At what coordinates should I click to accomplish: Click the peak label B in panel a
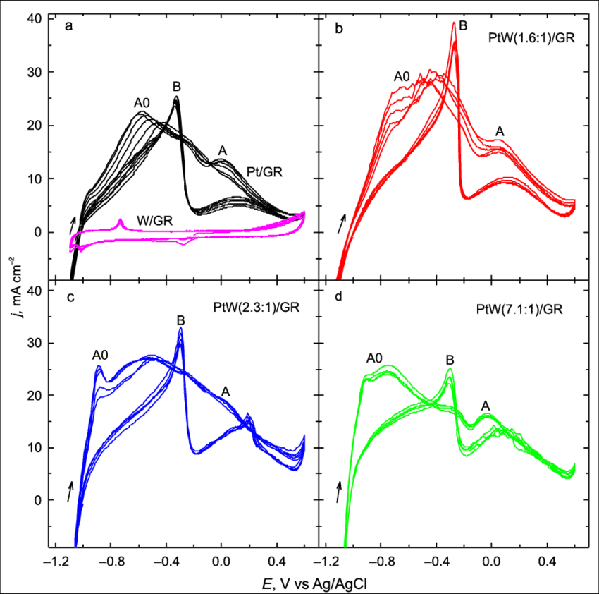[177, 87]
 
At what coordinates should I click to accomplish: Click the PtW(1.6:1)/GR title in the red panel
[532, 38]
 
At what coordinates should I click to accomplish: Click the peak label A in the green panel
[486, 406]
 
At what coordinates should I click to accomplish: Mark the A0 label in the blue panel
[101, 355]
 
